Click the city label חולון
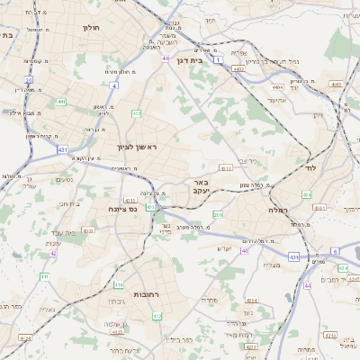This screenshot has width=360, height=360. point(91,28)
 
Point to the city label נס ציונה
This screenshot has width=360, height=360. point(121,209)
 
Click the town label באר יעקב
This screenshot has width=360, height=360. point(201,186)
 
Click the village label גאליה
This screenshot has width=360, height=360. point(47,310)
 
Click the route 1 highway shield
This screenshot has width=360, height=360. point(218,59)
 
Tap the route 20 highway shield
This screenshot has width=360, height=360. point(29,80)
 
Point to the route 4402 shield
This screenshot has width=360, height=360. point(238,67)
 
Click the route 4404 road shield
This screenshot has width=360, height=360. point(276,87)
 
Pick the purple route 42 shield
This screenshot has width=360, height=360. point(54,254)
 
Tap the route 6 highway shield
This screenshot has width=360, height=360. point(334,251)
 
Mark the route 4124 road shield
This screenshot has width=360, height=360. point(25,338)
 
